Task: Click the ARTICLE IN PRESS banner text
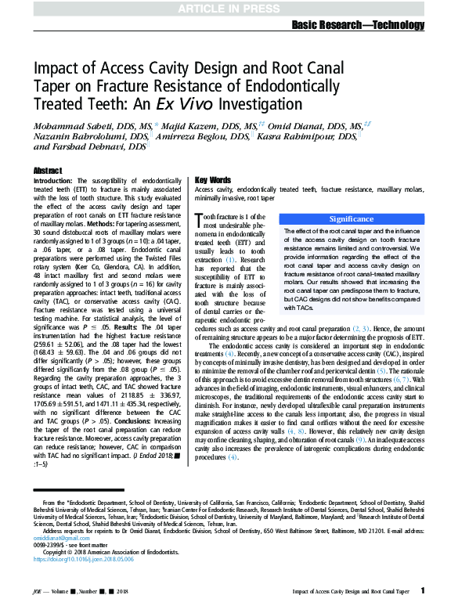[229, 9]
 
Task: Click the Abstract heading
[48, 171]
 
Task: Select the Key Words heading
[213, 180]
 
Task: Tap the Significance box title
[352, 219]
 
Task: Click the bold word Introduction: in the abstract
[53, 181]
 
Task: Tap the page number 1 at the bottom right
[423, 590]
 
